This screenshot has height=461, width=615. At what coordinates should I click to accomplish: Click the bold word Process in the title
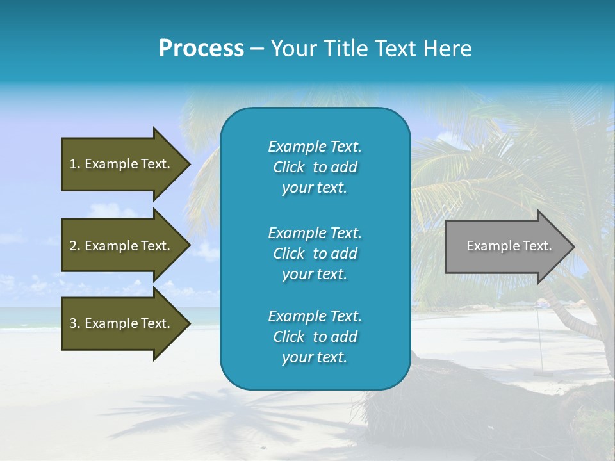pyautogui.click(x=201, y=49)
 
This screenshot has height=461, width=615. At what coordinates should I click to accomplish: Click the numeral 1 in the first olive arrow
pyautogui.click(x=73, y=164)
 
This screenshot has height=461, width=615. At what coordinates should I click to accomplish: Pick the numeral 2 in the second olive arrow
pyautogui.click(x=74, y=246)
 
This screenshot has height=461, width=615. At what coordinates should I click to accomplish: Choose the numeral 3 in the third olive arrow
pyautogui.click(x=74, y=323)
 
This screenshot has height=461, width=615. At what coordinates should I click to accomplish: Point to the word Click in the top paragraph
pyautogui.click(x=288, y=167)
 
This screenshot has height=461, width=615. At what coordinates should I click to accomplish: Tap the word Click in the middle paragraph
pyautogui.click(x=288, y=254)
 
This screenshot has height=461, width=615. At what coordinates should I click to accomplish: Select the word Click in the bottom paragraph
pyautogui.click(x=288, y=337)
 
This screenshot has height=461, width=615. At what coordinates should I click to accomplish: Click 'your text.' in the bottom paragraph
pyautogui.click(x=315, y=357)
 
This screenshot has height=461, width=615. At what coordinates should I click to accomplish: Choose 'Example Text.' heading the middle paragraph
pyautogui.click(x=315, y=232)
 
